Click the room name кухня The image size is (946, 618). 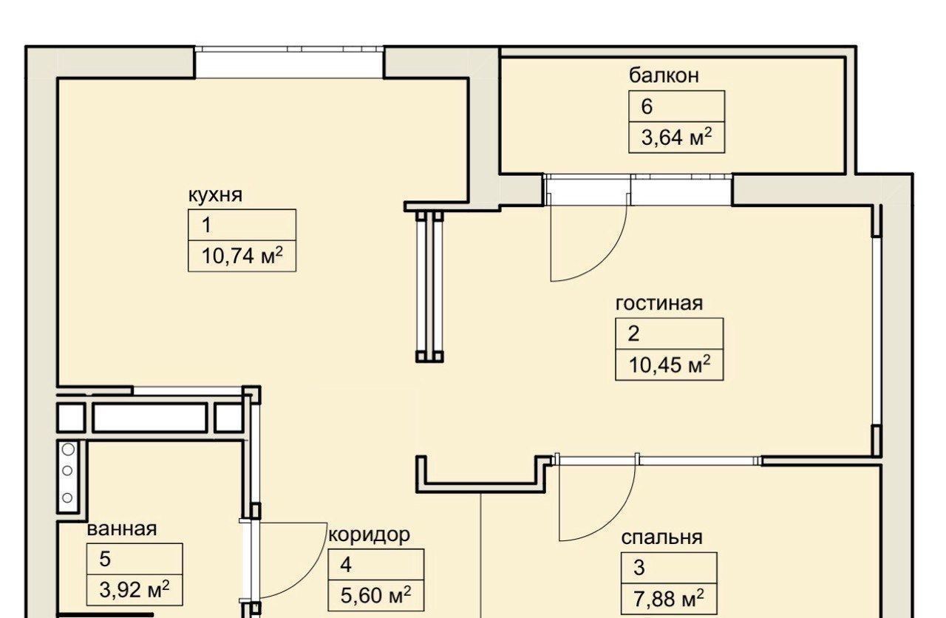pyautogui.click(x=215, y=196)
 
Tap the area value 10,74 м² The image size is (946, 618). pyautogui.click(x=242, y=255)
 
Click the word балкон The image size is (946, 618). pyautogui.click(x=664, y=75)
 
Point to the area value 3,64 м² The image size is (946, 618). pyautogui.click(x=676, y=137)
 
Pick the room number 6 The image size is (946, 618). pyautogui.click(x=647, y=106)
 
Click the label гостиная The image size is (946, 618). pyautogui.click(x=659, y=304)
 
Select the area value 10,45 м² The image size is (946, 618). pyautogui.click(x=670, y=364)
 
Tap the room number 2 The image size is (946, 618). pyautogui.click(x=633, y=334)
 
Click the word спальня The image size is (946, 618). pyautogui.click(x=661, y=537)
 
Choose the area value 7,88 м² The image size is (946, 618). pyautogui.click(x=669, y=598)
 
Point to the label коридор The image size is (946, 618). pyautogui.click(x=369, y=535)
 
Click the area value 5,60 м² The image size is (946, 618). pyautogui.click(x=376, y=595)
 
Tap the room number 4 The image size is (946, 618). pyautogui.click(x=346, y=566)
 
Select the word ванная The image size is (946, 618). pyautogui.click(x=122, y=529)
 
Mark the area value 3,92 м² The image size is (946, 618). pyautogui.click(x=135, y=590)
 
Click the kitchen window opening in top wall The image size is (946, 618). pyautogui.click(x=289, y=63)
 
